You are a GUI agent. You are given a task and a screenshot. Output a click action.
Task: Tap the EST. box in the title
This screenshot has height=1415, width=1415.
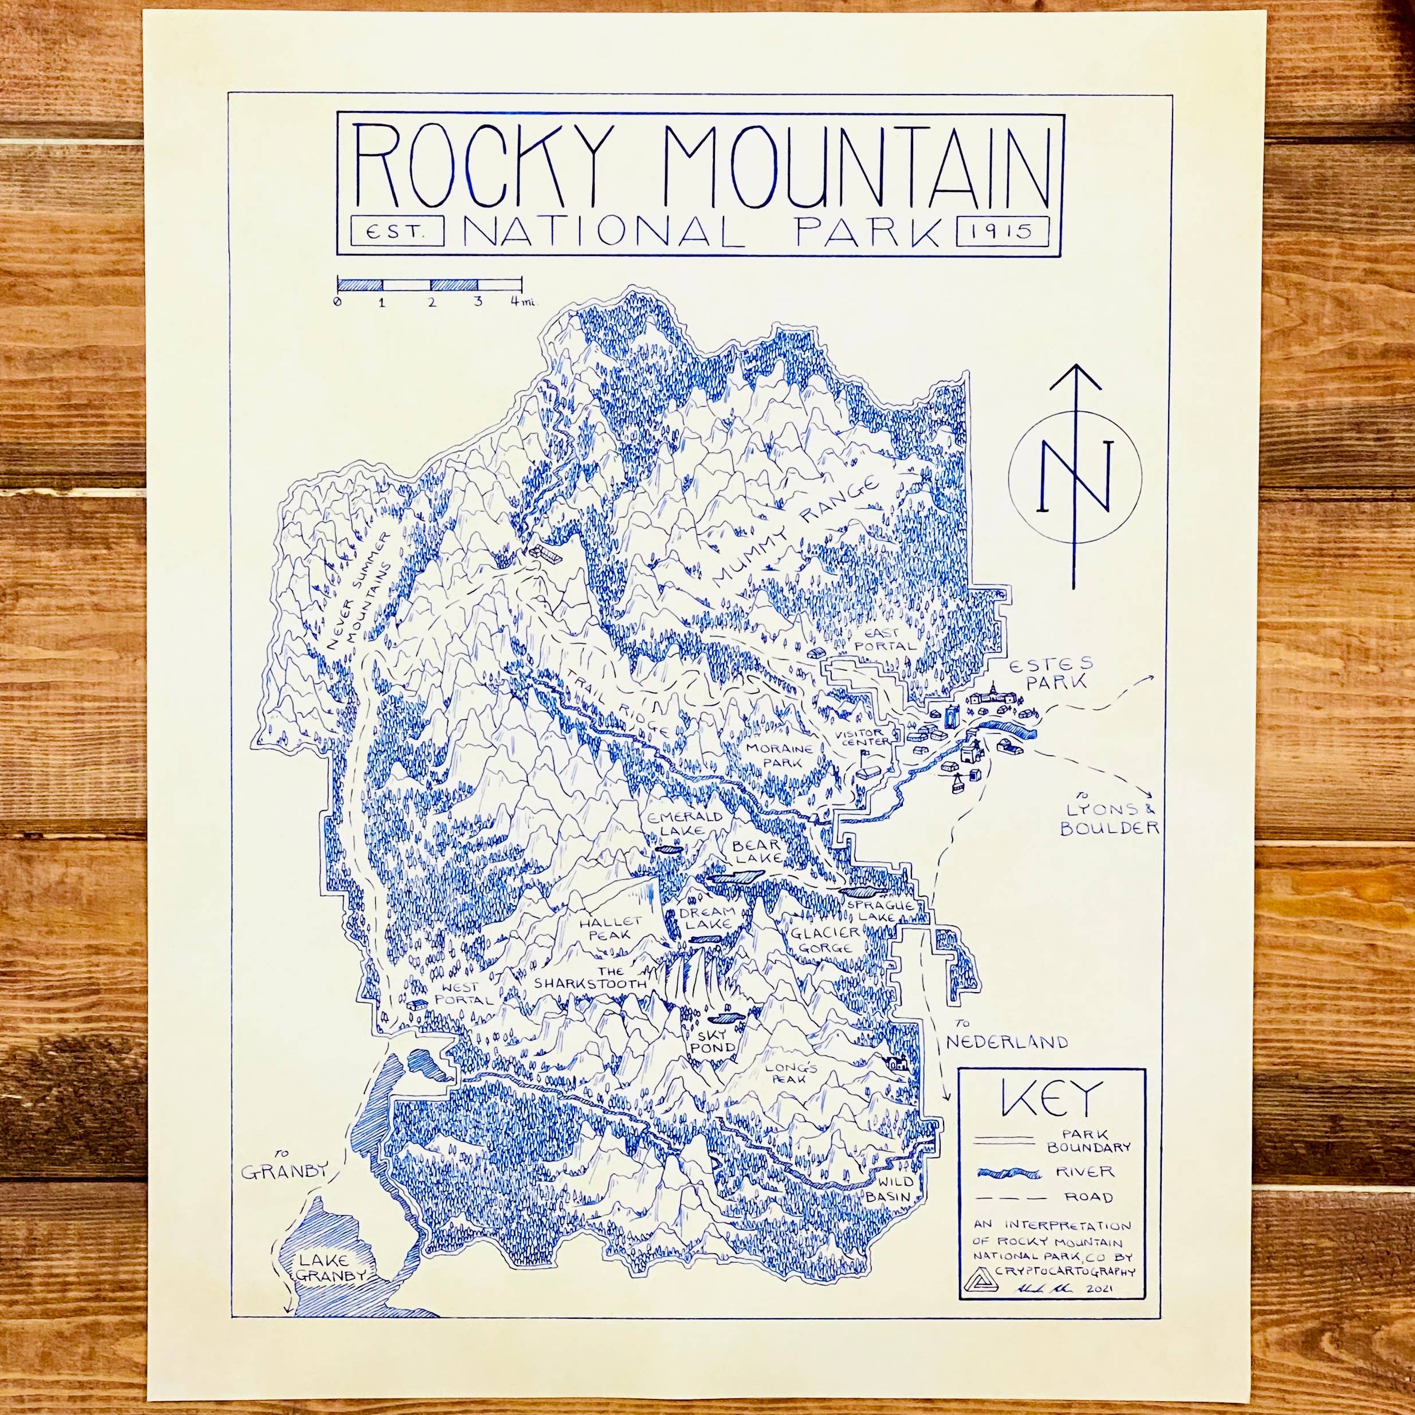click(398, 231)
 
